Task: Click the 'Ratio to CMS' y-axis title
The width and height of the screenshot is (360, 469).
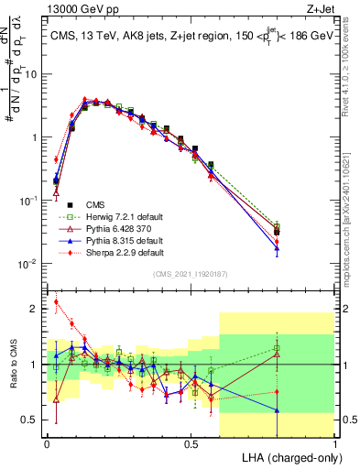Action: click(x=12, y=365)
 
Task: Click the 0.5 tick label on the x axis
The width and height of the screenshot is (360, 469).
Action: click(x=191, y=442)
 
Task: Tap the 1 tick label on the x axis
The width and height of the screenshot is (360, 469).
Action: click(x=335, y=442)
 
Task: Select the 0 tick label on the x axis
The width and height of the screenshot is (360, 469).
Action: click(x=46, y=442)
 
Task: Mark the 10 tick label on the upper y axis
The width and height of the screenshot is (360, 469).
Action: click(x=31, y=74)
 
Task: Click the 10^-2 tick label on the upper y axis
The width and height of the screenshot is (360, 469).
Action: click(x=29, y=264)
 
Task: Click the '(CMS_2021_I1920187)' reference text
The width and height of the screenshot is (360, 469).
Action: click(x=191, y=275)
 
